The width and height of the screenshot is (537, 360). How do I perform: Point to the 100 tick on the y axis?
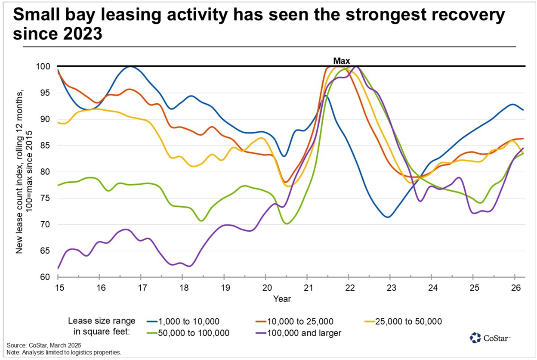click(45, 67)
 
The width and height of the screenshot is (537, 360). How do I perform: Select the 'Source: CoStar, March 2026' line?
click(44, 346)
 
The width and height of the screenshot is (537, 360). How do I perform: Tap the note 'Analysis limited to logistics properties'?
click(64, 353)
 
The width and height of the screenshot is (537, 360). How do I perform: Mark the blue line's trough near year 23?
click(388, 217)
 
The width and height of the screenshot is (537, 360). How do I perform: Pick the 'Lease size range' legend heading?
click(102, 321)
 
